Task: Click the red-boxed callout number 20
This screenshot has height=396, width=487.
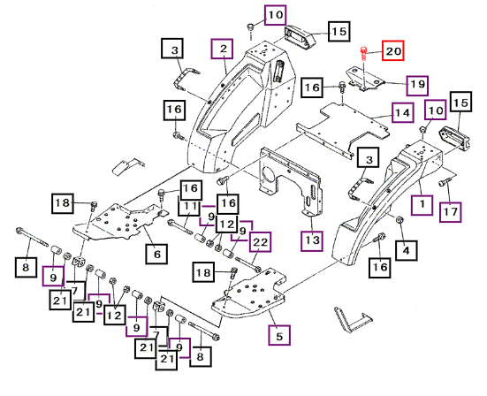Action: tap(393, 50)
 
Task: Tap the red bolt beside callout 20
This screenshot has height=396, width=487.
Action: tap(363, 54)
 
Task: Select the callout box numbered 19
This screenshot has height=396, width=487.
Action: tap(417, 85)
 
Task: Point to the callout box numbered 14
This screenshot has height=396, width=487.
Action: tap(402, 112)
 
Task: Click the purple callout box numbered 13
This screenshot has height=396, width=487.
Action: tap(312, 240)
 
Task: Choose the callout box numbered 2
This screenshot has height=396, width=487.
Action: tap(222, 49)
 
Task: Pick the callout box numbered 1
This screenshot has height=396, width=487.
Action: tap(422, 205)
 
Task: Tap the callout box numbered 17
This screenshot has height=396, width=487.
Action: tap(451, 212)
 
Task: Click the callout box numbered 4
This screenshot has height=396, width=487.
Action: tap(407, 250)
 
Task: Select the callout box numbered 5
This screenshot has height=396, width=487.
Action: tap(279, 335)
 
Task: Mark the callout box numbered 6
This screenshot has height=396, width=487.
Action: tap(156, 254)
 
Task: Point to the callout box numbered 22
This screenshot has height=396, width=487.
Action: tap(260, 241)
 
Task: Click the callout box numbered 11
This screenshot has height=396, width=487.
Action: tap(189, 205)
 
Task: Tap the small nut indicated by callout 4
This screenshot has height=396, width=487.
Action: tap(399, 220)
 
